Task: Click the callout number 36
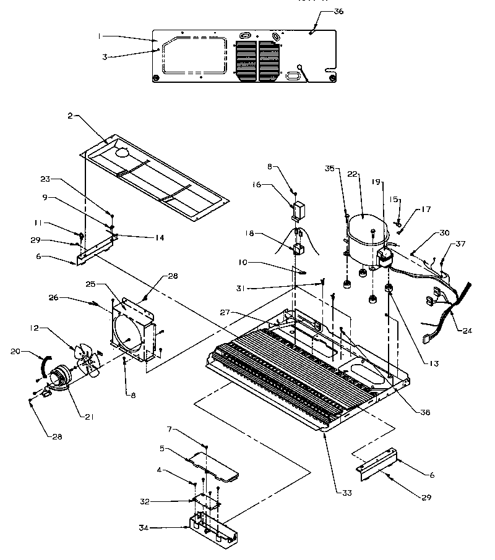coord(338,12)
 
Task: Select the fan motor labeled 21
coord(61,376)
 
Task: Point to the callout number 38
coord(424,412)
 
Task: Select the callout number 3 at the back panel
coord(105,56)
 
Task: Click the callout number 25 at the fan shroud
coord(91,284)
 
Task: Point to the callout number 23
coord(45,180)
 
